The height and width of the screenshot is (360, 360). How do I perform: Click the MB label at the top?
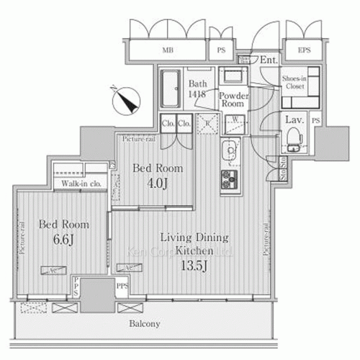[x=167, y=50]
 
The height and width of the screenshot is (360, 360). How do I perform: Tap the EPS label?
[x=294, y=50]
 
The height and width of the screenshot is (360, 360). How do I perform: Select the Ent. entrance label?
[x=268, y=60]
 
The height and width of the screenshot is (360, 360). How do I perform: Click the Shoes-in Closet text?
[x=295, y=81]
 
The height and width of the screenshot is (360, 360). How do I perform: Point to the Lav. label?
[x=292, y=120]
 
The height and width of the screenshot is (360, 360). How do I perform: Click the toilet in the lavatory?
[x=294, y=136]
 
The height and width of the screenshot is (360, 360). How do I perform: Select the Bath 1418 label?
[x=197, y=88]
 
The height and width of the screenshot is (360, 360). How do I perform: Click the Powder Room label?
[x=233, y=99]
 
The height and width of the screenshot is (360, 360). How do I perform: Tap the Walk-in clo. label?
[x=79, y=184]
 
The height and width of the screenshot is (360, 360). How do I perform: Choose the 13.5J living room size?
[x=194, y=263]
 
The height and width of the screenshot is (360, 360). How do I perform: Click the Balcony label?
[x=146, y=323]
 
